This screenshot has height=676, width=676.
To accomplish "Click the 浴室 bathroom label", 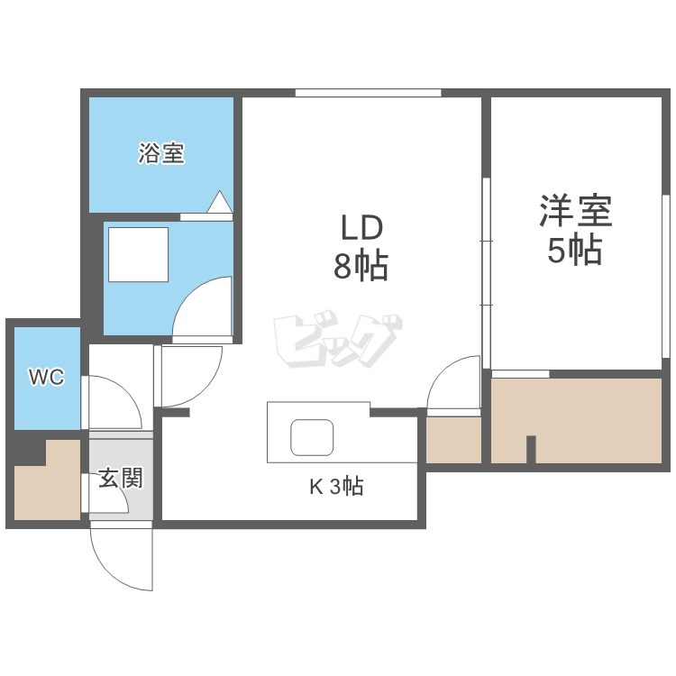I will click(161, 153).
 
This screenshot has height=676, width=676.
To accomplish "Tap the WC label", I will click(46, 378).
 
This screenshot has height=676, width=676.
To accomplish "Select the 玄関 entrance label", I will click(120, 478).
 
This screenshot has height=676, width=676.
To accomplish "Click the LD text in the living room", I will click(361, 226).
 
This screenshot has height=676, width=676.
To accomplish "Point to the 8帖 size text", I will click(361, 266).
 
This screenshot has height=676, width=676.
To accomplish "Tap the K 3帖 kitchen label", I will click(336, 488).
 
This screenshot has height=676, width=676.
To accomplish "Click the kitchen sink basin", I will click(313, 437).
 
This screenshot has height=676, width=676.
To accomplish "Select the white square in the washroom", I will click(138, 254).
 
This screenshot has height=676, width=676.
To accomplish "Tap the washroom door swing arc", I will click(200, 306).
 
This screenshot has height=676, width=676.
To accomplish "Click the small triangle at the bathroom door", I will click(220, 202).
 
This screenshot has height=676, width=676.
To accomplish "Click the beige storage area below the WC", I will click(45, 482).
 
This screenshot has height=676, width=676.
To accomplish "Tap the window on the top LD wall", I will click(368, 92).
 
